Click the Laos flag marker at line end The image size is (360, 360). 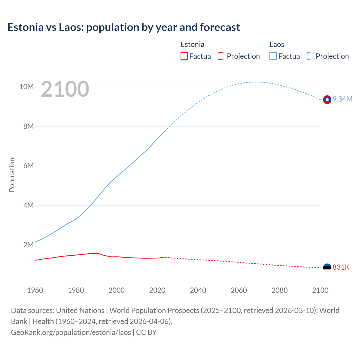coord(327,100)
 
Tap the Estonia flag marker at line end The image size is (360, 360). coord(327,267)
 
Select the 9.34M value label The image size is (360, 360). coord(343,99)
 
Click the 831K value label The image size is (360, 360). coord(341,267)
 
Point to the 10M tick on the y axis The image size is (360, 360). coord(26,87)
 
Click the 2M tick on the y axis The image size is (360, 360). coord(28,245)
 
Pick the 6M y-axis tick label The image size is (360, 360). coord(28,166)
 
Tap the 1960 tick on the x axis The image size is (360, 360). coord(35,290)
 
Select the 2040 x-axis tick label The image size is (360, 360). coord(198,290)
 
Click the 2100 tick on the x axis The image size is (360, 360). coord(320,290)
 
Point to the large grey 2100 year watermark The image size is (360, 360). coord(65,89)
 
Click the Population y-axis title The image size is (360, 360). coord(12,175)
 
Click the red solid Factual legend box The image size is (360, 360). coord(184,56)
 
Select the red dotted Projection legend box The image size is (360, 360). coord(222,56)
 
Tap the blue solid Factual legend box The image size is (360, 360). coord(273,56)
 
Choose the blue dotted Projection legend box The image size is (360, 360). coord(310,56)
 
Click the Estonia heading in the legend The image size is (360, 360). coord(192,44)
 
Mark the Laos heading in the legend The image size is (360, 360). coord(277,44)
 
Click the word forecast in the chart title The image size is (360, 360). coord(220,27)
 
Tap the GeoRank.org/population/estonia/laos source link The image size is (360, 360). coord(71,332)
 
